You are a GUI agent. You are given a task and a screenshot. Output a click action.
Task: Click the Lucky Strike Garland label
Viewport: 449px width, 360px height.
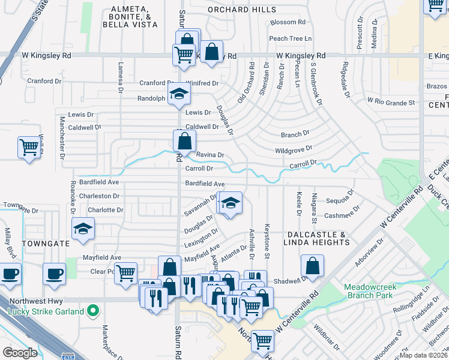point(46,311)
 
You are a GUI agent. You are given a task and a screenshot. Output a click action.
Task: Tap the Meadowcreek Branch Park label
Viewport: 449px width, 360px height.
point(369,291)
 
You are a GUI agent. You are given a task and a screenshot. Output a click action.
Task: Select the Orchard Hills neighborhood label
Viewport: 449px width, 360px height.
point(242,10)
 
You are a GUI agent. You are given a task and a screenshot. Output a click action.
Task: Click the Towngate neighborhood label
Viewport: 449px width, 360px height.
point(42,244)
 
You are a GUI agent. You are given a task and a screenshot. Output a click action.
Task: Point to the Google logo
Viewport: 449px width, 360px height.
point(20,352)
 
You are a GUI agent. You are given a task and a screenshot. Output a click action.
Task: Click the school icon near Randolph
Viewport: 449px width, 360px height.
point(179,94)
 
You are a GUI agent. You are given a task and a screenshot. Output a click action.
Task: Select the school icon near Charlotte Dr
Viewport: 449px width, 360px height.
point(83,229)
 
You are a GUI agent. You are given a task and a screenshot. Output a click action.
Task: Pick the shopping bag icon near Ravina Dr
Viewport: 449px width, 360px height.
point(185,142)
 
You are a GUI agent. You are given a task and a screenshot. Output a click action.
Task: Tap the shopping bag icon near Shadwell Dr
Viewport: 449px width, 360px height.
point(312,266)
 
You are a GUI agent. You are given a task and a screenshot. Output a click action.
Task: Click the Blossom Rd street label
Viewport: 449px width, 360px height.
point(288,22)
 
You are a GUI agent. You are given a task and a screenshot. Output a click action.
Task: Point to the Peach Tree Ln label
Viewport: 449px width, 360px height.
point(291,38)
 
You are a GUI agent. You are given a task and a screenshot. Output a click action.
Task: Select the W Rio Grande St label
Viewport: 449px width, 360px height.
point(391,102)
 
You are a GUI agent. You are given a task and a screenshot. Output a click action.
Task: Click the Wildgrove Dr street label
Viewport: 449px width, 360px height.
point(294,149)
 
